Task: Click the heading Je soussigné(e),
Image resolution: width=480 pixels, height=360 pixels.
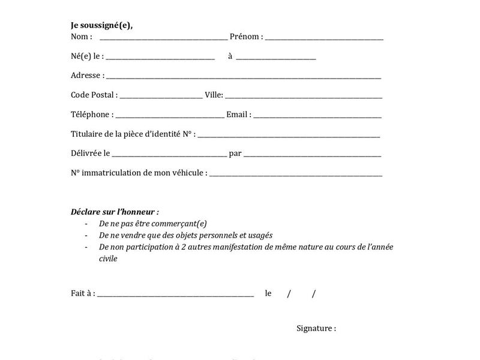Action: (x=101, y=25)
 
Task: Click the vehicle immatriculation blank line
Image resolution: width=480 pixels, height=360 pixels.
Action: (x=296, y=175)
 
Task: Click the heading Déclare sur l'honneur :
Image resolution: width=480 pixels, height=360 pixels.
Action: (x=115, y=212)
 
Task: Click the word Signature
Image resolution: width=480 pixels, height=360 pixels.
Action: (x=314, y=328)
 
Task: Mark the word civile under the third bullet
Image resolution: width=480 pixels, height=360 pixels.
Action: (x=108, y=259)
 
